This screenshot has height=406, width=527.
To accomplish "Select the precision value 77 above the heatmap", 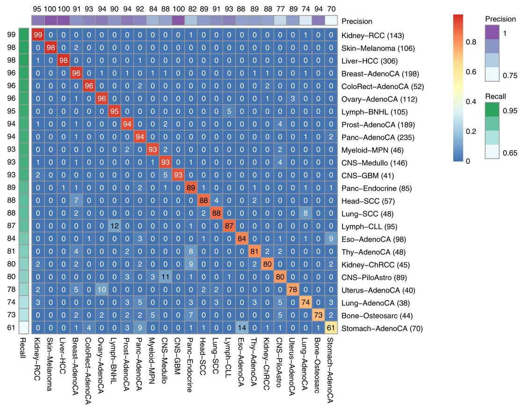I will tap(279, 9).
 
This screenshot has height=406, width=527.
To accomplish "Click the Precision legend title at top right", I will tap(500, 19).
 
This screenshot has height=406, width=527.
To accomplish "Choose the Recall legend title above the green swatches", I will tap(495, 96).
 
